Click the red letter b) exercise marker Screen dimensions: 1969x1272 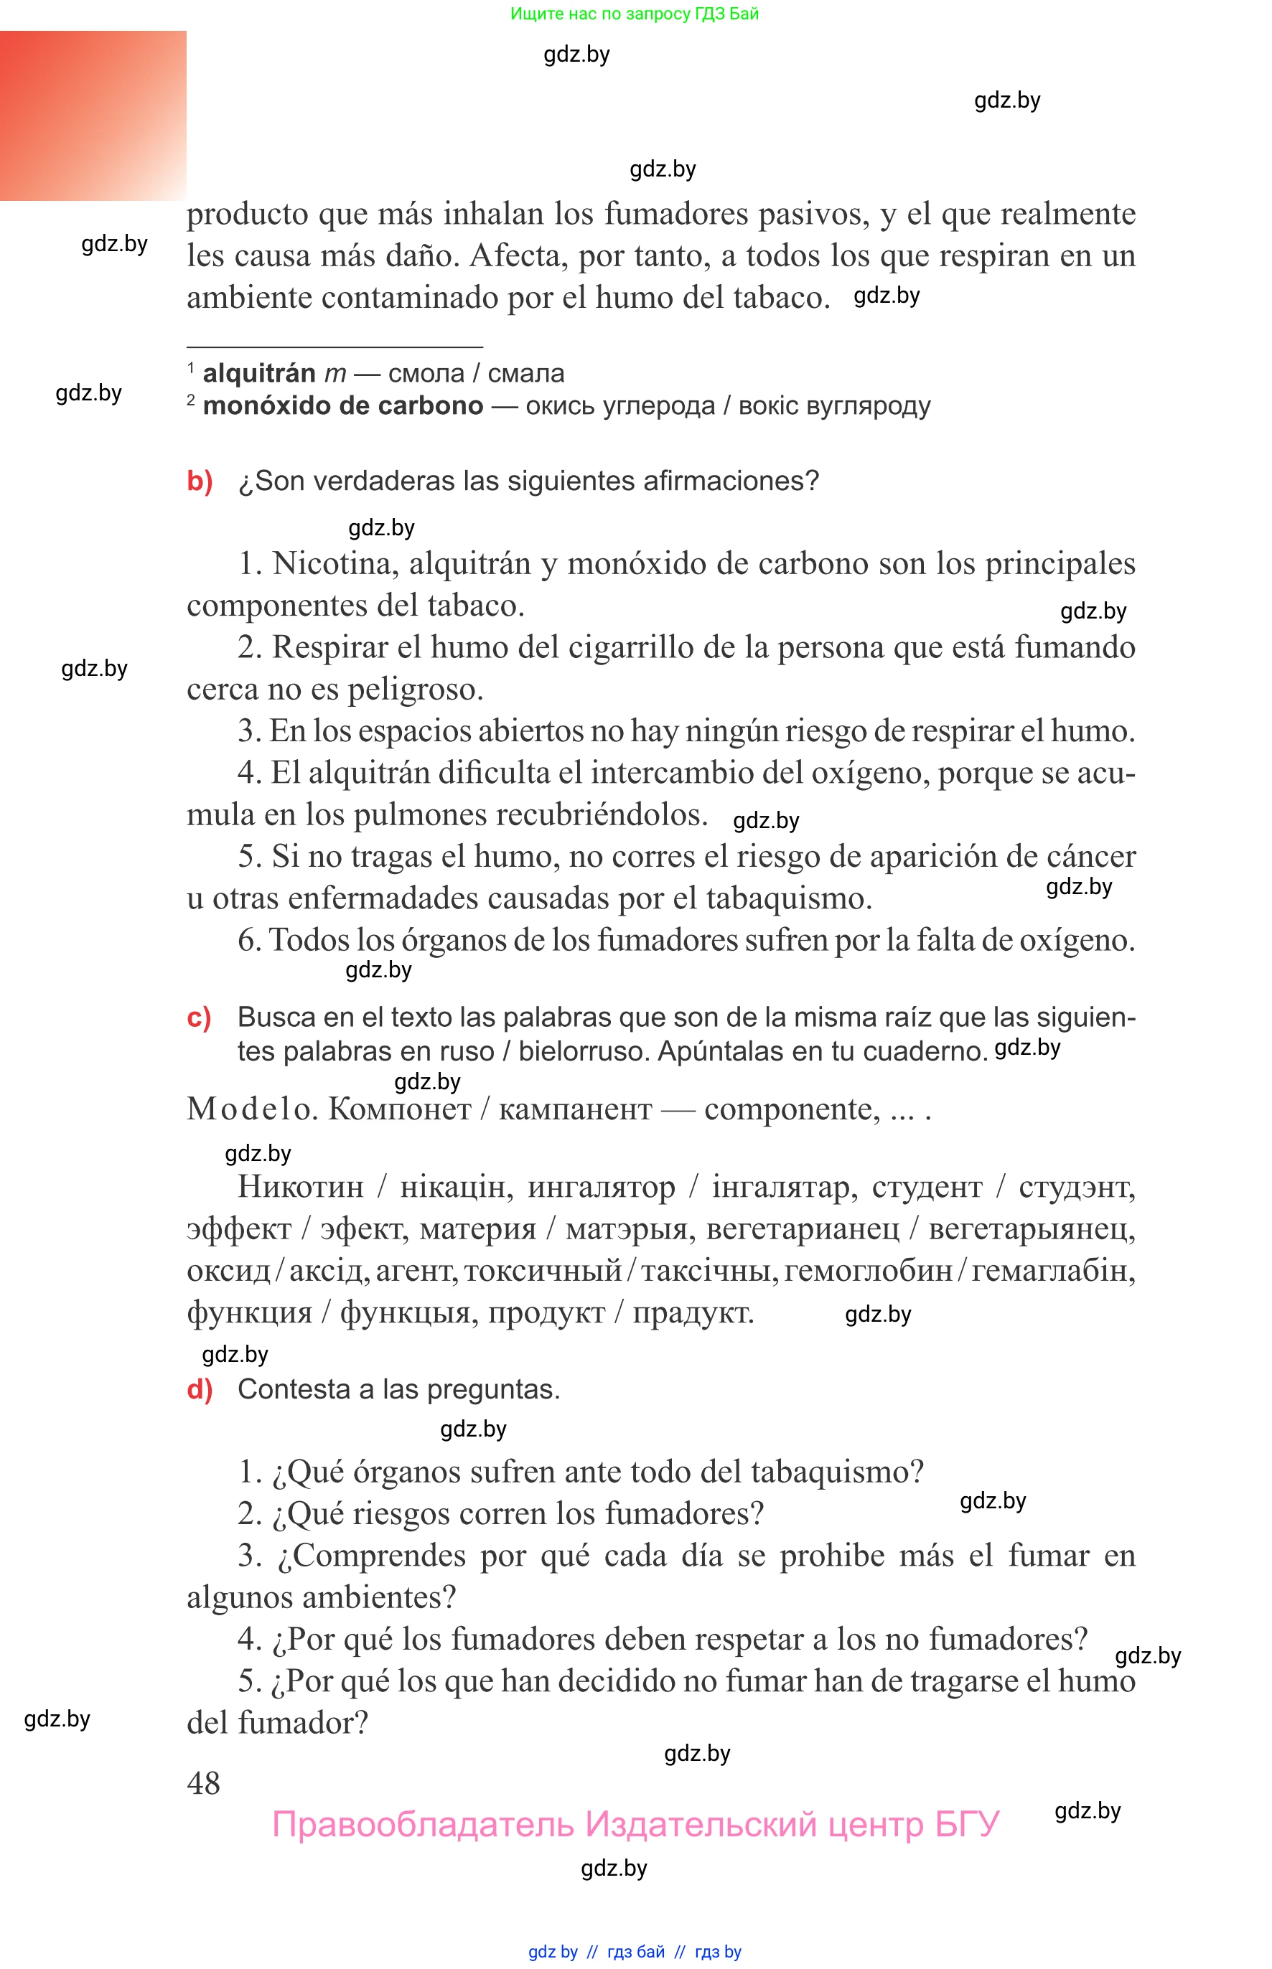(x=200, y=481)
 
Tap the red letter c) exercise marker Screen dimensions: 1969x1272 (x=199, y=1017)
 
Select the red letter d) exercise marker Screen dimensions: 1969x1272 (x=200, y=1389)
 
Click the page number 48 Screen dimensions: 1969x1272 (x=203, y=1782)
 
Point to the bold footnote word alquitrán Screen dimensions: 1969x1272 (x=258, y=373)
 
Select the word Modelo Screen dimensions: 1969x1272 (x=248, y=1109)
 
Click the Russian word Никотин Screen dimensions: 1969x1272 (x=301, y=1187)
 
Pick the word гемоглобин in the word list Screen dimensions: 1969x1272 (x=868, y=1271)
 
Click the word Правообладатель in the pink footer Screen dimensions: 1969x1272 (x=422, y=1825)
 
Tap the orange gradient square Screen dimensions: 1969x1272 (x=93, y=116)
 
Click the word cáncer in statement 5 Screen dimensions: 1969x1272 (x=1091, y=857)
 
